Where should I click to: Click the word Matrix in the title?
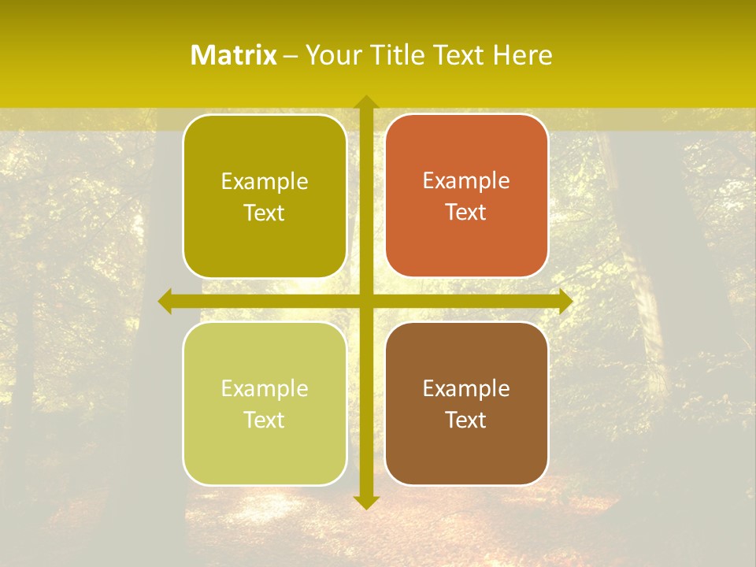[x=234, y=55]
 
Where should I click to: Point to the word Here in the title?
[x=523, y=55]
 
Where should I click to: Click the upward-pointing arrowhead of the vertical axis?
[x=365, y=102]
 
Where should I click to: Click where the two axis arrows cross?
[x=365, y=301]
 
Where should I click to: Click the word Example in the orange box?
[x=466, y=181]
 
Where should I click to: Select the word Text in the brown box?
[x=466, y=420]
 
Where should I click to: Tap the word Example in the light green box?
[x=265, y=389]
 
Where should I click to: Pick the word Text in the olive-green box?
[x=265, y=213]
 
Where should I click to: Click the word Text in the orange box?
[x=466, y=213]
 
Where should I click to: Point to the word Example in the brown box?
[x=466, y=388]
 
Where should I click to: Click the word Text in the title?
[x=458, y=55]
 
